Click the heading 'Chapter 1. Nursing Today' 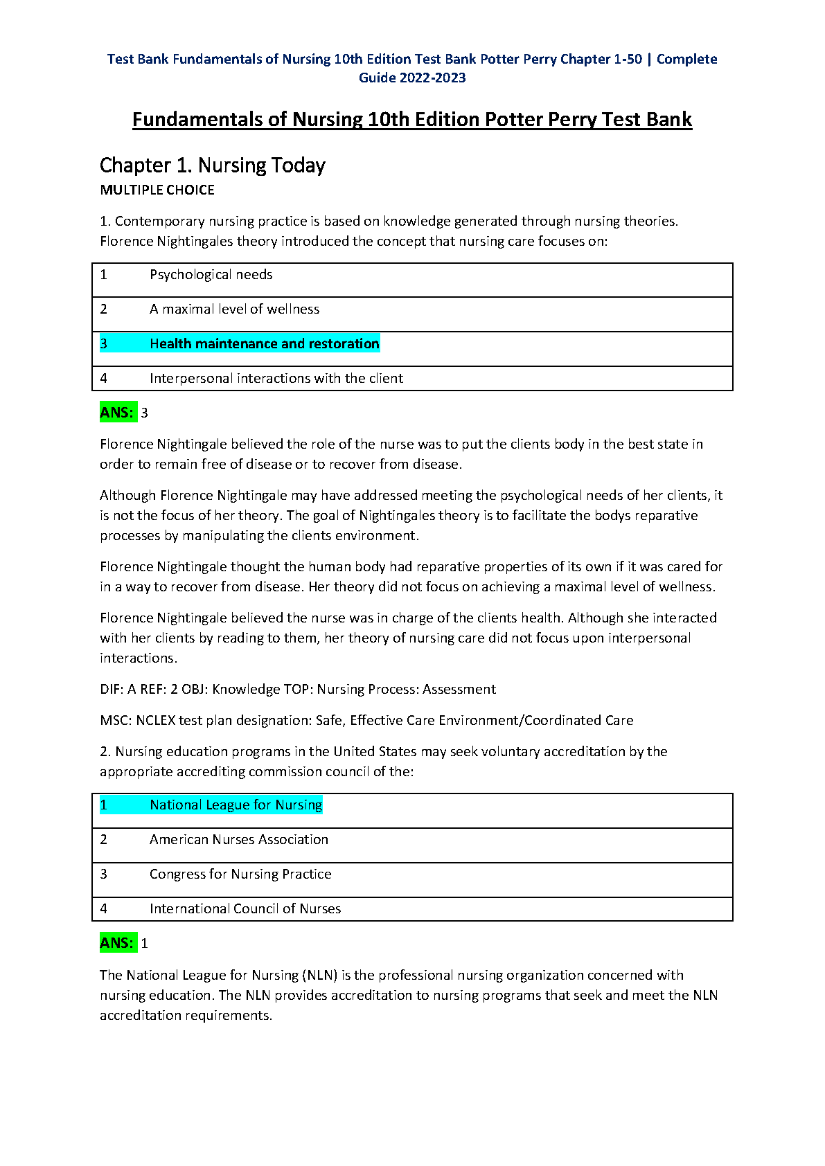212,165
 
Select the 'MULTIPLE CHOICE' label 157,190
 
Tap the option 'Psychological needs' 211,275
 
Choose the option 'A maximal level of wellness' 234,310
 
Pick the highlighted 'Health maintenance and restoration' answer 264,344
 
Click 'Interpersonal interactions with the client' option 276,379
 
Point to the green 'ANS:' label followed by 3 117,413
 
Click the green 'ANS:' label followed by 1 117,943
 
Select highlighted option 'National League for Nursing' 236,805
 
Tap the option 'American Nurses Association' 238,840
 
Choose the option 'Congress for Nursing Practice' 240,874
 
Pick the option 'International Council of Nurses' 245,909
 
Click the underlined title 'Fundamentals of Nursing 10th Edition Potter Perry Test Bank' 412,120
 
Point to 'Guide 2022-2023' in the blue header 412,78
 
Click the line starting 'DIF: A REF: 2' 298,690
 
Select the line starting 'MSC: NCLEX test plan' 366,721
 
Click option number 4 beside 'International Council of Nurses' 104,909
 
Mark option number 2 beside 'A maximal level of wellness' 104,310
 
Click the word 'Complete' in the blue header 686,60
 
